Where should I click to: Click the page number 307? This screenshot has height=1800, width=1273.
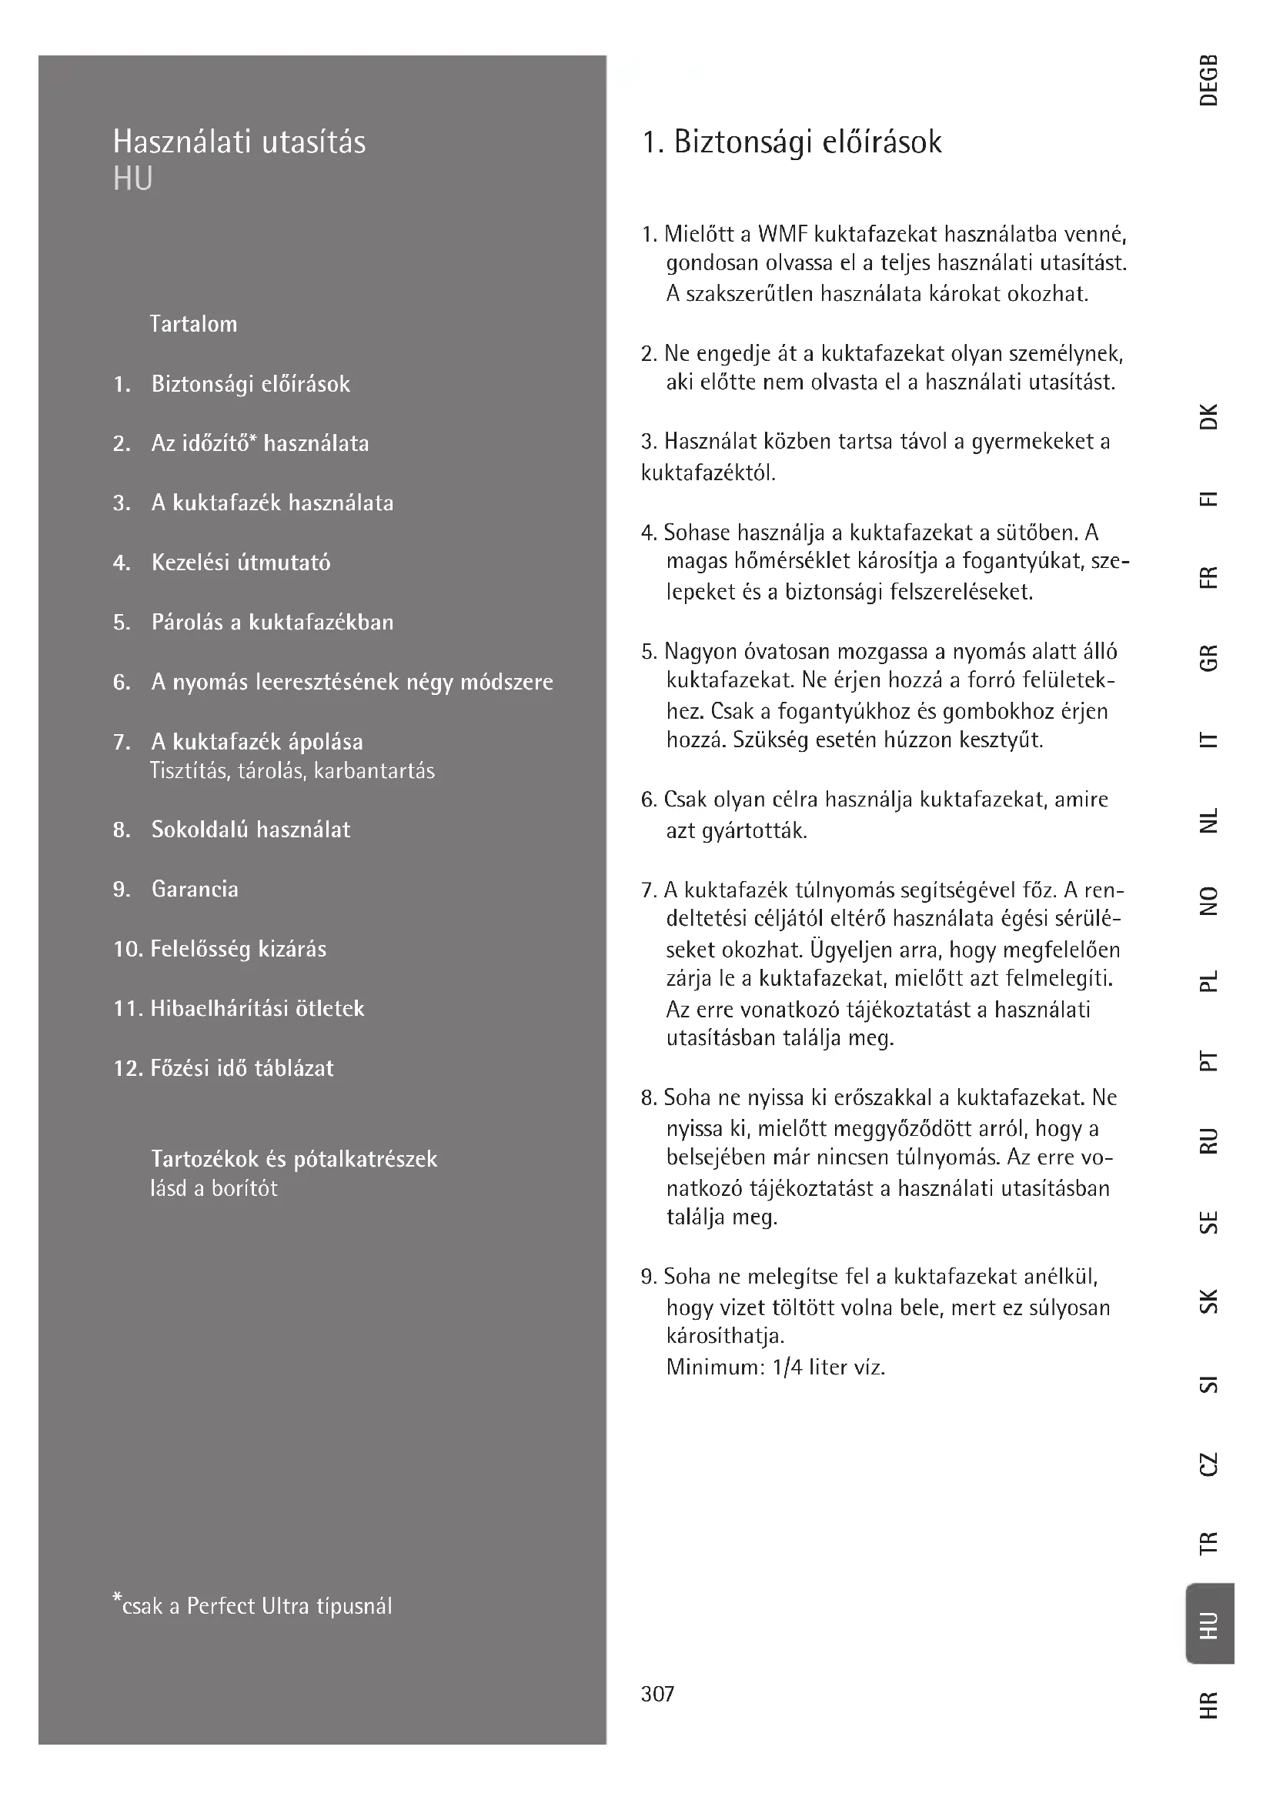coord(657,1694)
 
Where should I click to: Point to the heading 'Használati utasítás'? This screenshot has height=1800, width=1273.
coord(239,142)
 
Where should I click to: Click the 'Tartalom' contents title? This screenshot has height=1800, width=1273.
coord(194,324)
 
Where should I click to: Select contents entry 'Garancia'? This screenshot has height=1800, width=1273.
coord(195,889)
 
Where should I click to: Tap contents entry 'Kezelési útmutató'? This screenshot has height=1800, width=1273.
coord(241,562)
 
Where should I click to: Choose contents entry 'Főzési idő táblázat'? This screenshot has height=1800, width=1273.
coord(242,1068)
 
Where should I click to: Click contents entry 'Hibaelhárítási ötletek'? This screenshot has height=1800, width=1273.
coord(257,1008)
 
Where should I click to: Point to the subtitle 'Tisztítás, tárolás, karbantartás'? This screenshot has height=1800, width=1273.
coord(292,771)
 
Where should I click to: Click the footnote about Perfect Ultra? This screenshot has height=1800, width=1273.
coord(252,1605)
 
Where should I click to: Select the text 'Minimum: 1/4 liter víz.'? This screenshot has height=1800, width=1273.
coord(775,1368)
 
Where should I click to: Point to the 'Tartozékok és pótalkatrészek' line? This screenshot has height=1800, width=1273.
coord(294,1159)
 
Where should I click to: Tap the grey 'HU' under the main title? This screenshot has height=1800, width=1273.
coord(132,179)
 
